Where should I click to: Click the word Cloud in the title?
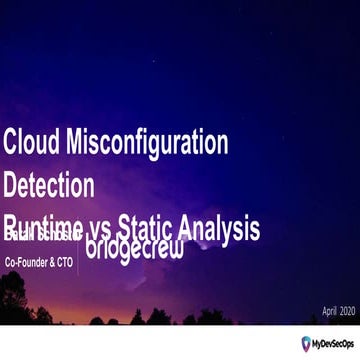pyautogui.click(x=28, y=142)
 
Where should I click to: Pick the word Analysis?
pyautogui.click(x=224, y=228)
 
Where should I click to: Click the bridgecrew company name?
pyautogui.click(x=135, y=246)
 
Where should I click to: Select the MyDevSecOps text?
pyautogui.click(x=334, y=344)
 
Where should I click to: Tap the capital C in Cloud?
pyautogui.click(x=10, y=142)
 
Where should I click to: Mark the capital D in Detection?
pyautogui.click(x=11, y=186)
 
